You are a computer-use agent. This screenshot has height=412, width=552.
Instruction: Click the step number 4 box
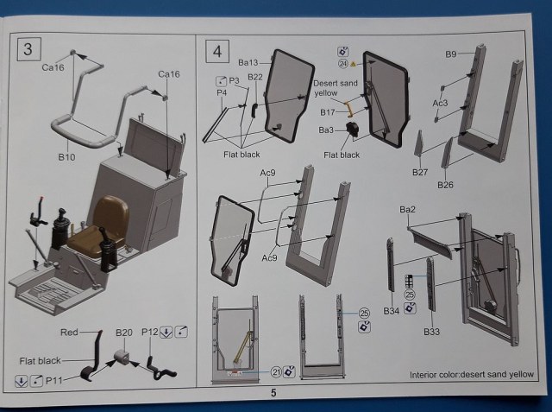click(216, 50)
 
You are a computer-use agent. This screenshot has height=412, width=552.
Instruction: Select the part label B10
click(67, 158)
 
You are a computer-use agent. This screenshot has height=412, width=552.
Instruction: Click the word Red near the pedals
click(69, 333)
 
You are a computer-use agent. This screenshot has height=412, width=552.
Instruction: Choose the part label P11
click(53, 380)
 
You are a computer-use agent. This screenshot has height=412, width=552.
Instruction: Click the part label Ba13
click(248, 63)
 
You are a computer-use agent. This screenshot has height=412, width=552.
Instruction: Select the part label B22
click(255, 79)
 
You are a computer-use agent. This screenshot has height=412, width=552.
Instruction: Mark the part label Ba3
click(327, 130)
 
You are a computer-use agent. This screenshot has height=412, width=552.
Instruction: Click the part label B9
click(451, 54)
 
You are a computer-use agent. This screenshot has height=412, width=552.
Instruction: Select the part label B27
click(420, 173)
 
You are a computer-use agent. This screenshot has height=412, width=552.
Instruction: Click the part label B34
click(391, 310)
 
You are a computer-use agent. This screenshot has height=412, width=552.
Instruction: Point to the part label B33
click(432, 331)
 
